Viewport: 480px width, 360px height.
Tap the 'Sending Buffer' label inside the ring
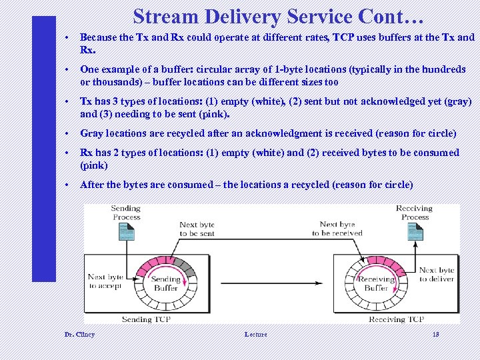(x=166, y=283)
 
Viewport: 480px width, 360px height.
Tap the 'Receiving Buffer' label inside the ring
(x=376, y=283)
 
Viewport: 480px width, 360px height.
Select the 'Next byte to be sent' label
(x=197, y=229)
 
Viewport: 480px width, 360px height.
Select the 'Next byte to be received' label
(x=337, y=229)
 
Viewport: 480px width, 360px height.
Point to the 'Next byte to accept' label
(x=105, y=281)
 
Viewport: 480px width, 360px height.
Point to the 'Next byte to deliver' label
(x=437, y=275)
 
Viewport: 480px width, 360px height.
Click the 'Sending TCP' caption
(x=146, y=319)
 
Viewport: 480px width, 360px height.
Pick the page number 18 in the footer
(x=437, y=334)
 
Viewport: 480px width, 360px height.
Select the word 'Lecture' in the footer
(x=255, y=334)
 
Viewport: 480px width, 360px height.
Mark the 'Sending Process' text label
(x=125, y=212)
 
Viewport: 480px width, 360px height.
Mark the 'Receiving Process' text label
(x=415, y=212)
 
